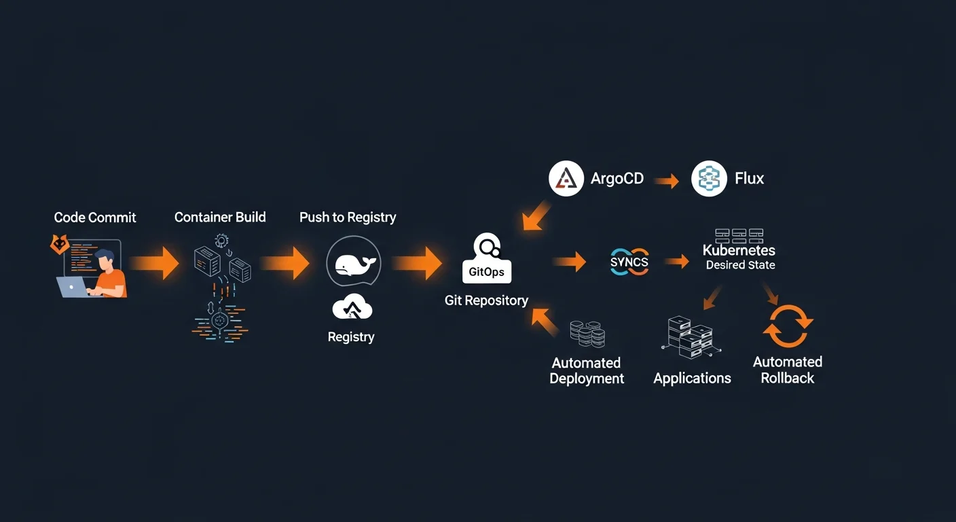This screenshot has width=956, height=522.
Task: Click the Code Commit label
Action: tap(95, 217)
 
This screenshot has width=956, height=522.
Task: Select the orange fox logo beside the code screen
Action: tap(60, 245)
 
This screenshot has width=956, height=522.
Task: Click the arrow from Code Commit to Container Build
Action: tap(155, 263)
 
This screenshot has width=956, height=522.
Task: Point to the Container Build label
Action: tap(220, 217)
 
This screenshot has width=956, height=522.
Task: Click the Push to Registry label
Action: tap(348, 217)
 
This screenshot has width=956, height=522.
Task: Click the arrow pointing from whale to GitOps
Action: tap(418, 263)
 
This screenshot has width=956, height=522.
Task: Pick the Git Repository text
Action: tap(486, 300)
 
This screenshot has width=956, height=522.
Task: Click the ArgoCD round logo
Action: tap(566, 179)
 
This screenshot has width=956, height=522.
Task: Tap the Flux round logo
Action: tap(709, 179)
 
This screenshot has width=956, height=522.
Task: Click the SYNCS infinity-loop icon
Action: tap(629, 262)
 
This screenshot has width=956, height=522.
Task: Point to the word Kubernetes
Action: tap(739, 251)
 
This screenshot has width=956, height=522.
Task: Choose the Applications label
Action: tap(692, 379)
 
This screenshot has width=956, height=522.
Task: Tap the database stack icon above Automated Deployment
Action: tap(587, 334)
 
